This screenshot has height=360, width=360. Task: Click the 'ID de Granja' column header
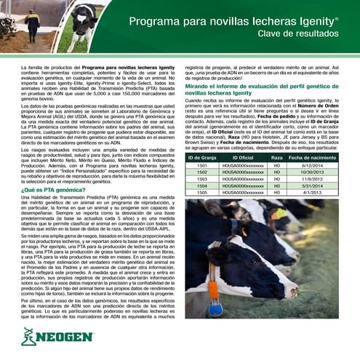pos(202,156)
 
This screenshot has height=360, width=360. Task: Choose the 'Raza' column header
pos(276,156)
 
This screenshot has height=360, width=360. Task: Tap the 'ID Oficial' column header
pos(242,156)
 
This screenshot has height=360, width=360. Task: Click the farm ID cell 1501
pos(202,165)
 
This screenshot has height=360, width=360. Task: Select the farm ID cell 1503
pos(202,179)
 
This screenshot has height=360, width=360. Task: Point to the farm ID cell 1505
pos(202,193)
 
